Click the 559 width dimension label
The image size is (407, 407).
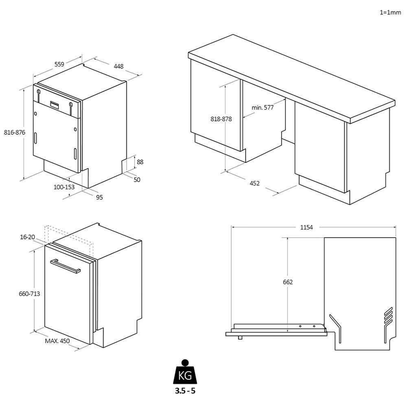coord(59,64)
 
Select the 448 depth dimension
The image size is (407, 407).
coord(119,66)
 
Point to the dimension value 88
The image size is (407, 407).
coord(140,162)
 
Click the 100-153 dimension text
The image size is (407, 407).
coord(64,187)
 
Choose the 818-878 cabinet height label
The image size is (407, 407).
coord(221,119)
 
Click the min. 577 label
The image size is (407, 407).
coord(263,108)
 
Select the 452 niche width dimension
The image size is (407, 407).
coord(254,183)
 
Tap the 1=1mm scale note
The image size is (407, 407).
coord(390,12)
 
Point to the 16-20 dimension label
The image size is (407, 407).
coord(27,237)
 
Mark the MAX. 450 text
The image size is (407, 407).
coord(57,341)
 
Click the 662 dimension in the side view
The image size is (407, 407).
coord(288,282)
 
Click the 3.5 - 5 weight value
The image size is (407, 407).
coord(184,390)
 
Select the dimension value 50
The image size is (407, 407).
coord(137,179)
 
